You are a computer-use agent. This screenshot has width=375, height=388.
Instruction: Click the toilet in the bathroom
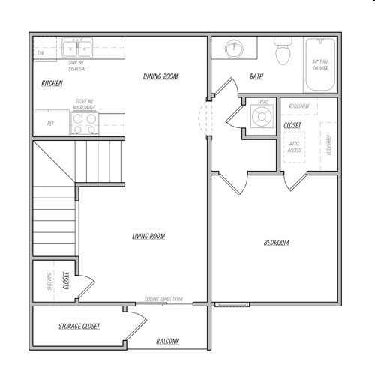(x=283, y=52)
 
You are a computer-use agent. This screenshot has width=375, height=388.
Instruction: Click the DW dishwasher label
(x=40, y=54)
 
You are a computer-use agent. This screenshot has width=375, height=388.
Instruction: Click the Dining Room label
(x=160, y=76)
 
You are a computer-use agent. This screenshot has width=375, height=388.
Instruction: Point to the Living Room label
(x=148, y=237)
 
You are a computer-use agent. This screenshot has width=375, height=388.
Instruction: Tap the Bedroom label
(x=276, y=243)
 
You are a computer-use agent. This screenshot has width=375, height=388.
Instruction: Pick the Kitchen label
(x=52, y=83)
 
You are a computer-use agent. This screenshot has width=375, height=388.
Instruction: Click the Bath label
(x=256, y=76)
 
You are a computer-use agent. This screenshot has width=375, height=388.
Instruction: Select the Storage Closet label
(x=79, y=327)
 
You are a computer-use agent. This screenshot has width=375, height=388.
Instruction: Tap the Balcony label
(x=167, y=342)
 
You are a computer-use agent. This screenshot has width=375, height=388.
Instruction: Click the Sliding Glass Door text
(x=164, y=299)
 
